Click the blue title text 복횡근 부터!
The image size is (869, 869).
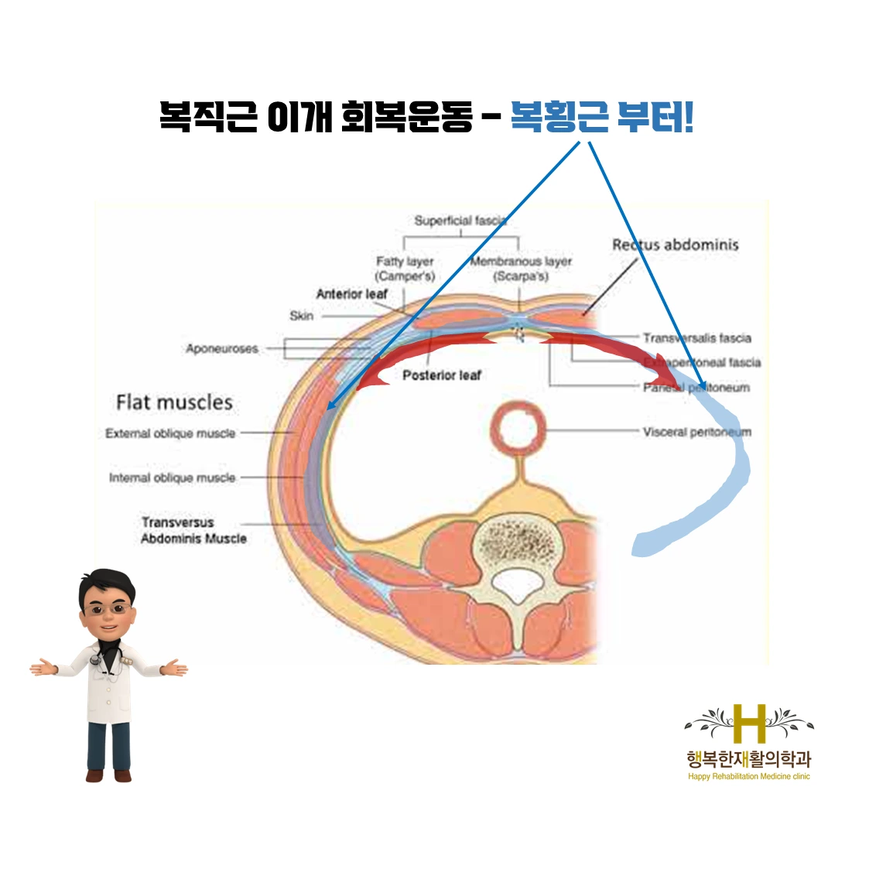tap(601, 118)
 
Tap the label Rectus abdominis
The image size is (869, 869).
tap(675, 245)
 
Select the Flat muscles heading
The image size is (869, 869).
tap(174, 402)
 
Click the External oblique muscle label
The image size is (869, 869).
tap(170, 433)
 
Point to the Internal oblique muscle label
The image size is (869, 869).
tap(172, 477)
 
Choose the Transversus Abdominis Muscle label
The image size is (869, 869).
tap(193, 530)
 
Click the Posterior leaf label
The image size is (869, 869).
tap(441, 375)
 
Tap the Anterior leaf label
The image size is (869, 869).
tap(351, 294)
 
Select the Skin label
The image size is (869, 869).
tap(301, 316)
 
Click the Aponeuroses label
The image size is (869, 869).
tap(221, 349)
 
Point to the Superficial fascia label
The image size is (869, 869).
tap(460, 221)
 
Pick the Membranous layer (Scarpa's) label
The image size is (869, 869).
tap(521, 269)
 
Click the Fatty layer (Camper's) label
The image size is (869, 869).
tap(405, 269)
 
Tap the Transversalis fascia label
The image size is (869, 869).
tap(696, 338)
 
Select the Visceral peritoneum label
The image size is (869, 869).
tap(696, 432)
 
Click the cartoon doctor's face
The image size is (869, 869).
tap(107, 607)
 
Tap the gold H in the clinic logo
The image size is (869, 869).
tap(748, 724)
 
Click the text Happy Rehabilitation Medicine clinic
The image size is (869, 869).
tap(748, 776)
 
